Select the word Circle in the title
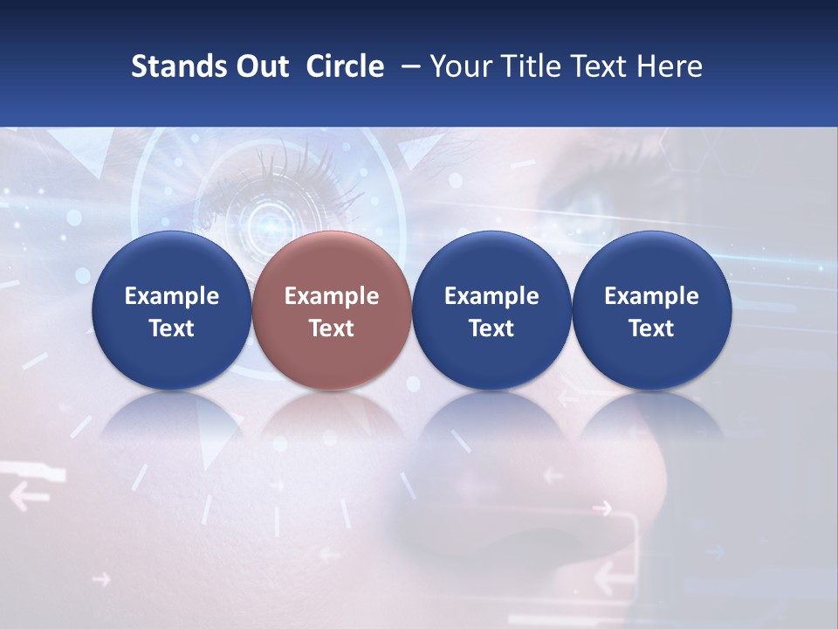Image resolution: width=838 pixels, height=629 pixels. coord(345,66)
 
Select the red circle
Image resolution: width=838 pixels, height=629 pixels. coord(331,310)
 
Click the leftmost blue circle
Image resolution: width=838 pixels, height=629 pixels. coord(171,310)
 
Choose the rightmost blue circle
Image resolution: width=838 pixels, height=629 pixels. coord(651,310)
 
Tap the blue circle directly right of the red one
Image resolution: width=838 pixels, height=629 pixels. coord(491,310)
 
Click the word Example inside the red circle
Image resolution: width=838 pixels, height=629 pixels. coord(332,296)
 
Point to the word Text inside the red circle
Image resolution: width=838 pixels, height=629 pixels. coord(332,328)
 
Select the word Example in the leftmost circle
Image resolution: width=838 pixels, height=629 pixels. coord(172,296)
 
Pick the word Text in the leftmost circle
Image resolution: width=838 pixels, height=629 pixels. coord(172,328)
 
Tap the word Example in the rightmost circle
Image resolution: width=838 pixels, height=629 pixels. coord(651,296)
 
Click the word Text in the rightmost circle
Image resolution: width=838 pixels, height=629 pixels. coord(651,328)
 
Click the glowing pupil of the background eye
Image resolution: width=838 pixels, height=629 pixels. coord(271,222)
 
